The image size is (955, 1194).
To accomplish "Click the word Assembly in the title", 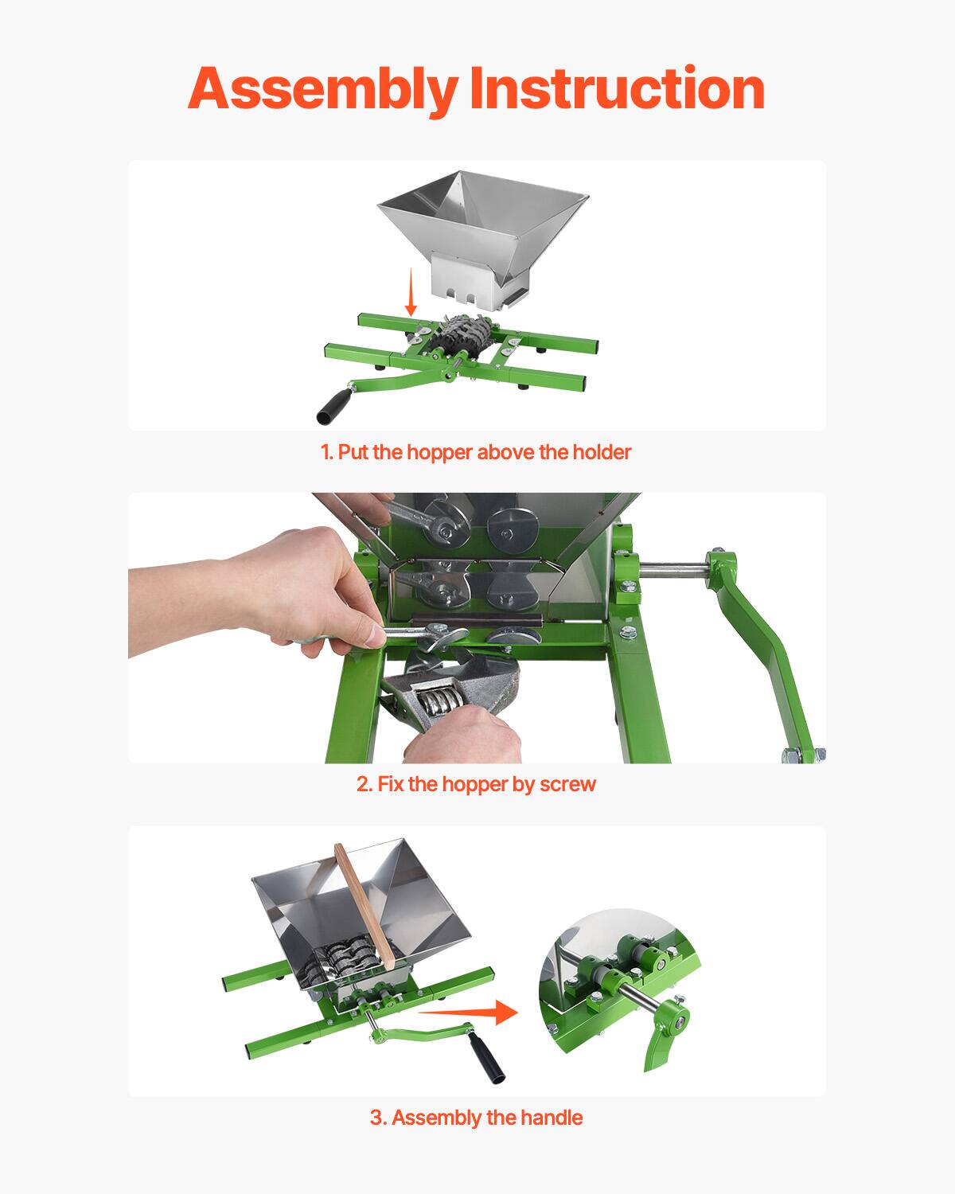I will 322,88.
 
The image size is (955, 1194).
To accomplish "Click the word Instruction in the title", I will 617,88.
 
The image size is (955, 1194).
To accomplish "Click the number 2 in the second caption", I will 363,784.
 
